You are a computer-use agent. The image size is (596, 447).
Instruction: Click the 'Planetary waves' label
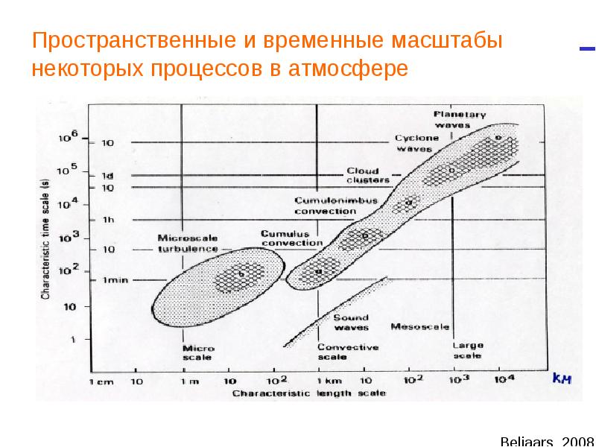(460, 119)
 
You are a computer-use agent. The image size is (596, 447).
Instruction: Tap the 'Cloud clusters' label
(368, 176)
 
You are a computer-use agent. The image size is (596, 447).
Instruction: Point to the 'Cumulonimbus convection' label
(336, 206)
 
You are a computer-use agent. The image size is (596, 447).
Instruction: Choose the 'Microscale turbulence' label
(188, 243)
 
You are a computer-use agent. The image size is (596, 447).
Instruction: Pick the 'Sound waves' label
(350, 322)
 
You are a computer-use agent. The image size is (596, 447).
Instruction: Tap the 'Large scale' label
(468, 350)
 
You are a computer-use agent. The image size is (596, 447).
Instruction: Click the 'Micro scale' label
(197, 352)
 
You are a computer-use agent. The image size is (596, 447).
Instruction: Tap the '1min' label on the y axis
(110, 280)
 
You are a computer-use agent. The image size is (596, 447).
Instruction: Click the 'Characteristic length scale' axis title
(309, 392)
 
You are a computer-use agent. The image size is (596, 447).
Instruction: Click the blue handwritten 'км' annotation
(561, 379)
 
